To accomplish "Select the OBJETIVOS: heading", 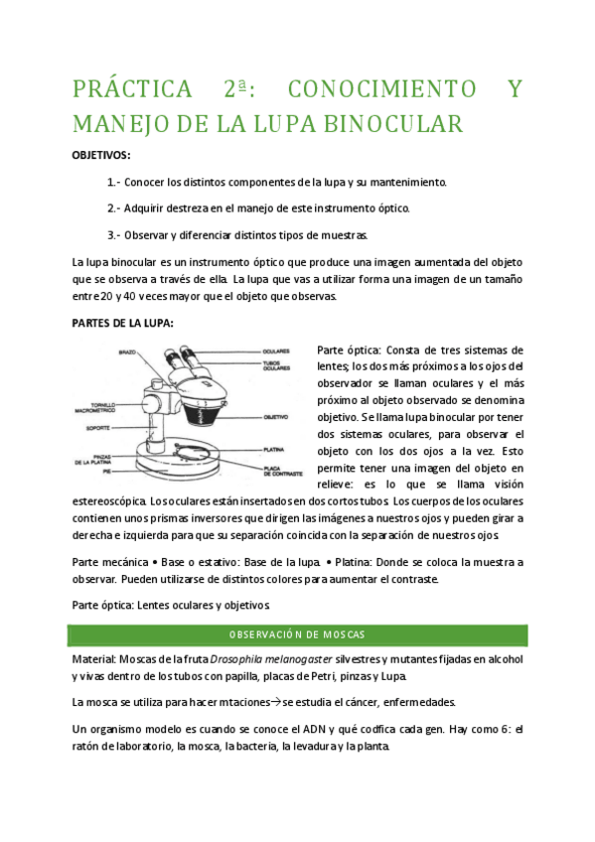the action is point(102,156).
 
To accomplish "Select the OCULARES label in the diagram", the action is point(277,351).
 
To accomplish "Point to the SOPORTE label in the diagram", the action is point(97,427).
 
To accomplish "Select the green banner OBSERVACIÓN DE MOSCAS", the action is point(297,633).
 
